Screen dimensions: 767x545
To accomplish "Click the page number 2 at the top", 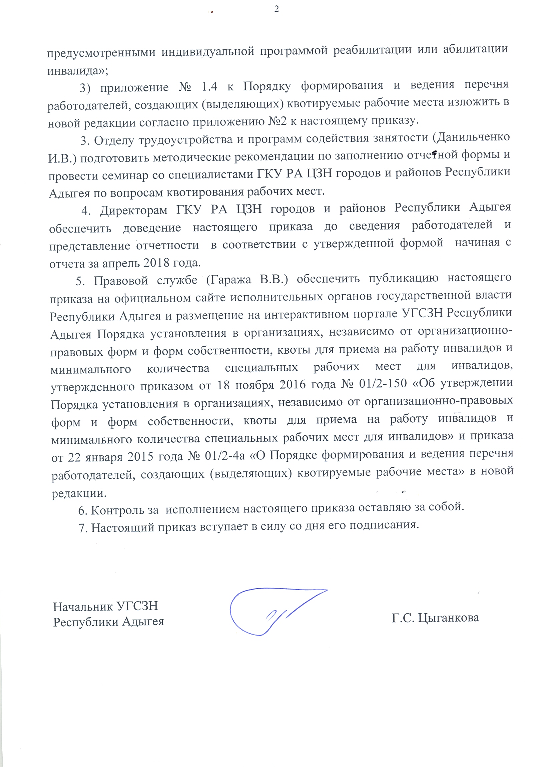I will coord(277,9).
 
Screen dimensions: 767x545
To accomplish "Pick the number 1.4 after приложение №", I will coord(209,87).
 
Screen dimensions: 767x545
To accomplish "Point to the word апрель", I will coord(121,263).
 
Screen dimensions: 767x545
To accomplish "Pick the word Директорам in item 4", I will coord(133,210).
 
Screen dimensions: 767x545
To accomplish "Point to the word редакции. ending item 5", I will coord(79,493).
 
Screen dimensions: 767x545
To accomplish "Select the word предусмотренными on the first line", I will coord(101,52).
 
